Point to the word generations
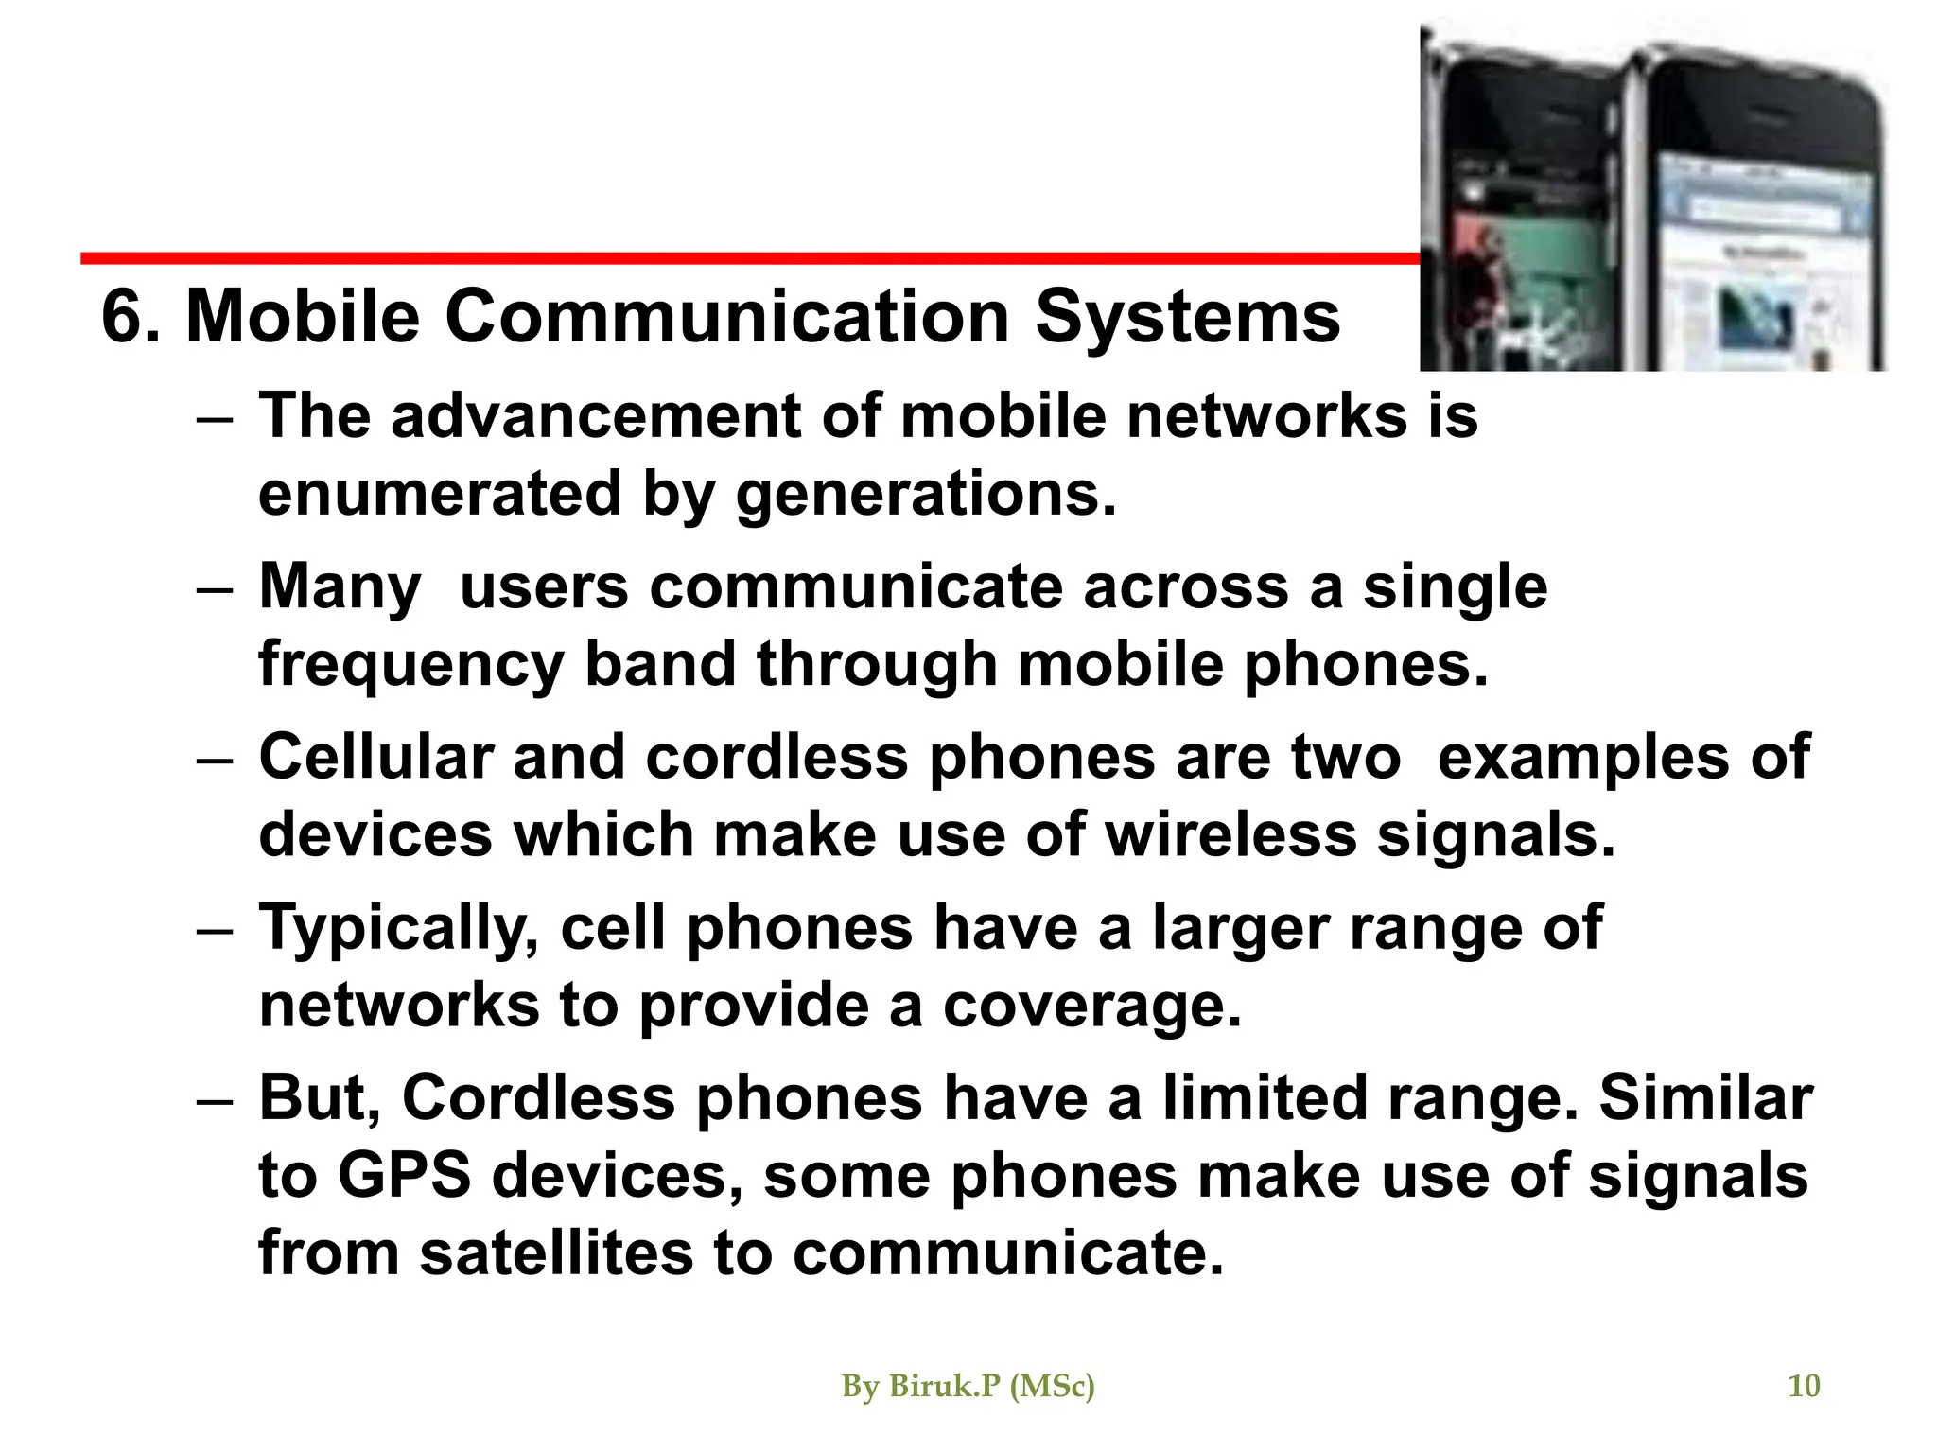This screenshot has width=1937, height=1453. [x=925, y=494]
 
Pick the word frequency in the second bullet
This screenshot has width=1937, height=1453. [x=411, y=664]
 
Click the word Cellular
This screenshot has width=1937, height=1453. [x=376, y=757]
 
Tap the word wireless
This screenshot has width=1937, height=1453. [x=1230, y=834]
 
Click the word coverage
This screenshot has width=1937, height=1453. [x=1091, y=1005]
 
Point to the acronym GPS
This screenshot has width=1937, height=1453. [x=404, y=1176]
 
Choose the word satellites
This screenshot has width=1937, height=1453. [x=556, y=1252]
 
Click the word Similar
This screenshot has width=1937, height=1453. [x=1705, y=1098]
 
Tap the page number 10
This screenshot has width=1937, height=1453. [x=1804, y=1386]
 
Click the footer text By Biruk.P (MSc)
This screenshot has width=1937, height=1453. [x=968, y=1386]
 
